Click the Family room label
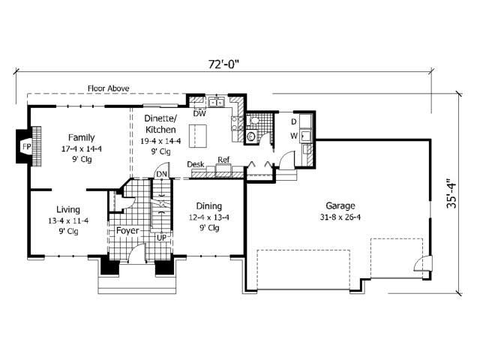(80, 137)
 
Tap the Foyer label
(127, 230)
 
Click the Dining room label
(208, 205)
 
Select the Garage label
(340, 205)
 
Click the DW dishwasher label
(199, 115)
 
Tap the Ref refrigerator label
(223, 160)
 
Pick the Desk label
(196, 163)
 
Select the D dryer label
(295, 121)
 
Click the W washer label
(295, 136)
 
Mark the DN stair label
(161, 175)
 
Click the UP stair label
(161, 238)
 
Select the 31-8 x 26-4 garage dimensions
(340, 218)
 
